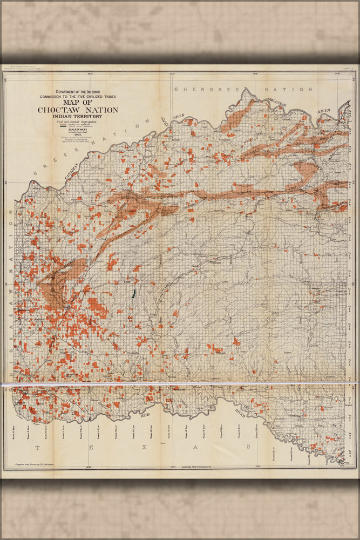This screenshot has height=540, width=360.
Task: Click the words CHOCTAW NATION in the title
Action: click(x=78, y=110)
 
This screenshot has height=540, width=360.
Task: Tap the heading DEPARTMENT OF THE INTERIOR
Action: click(x=78, y=92)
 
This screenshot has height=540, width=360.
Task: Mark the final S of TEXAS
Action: click(x=248, y=447)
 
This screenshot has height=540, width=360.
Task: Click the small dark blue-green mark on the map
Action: click(x=132, y=294)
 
